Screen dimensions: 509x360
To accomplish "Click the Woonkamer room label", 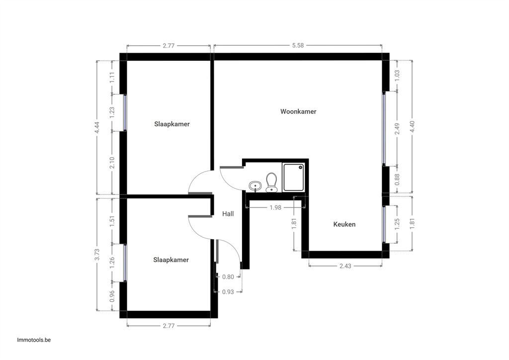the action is point(298,112).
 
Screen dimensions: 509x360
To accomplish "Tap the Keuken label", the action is point(344,224).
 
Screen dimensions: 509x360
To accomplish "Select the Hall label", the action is point(228,214).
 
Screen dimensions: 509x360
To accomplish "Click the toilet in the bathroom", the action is point(271,182).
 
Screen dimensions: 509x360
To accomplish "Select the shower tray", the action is point(293,178).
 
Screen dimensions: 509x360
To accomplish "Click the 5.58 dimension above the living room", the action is point(298,45).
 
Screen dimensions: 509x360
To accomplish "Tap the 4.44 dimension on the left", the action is point(97,127).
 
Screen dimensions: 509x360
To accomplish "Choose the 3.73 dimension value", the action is point(97,255).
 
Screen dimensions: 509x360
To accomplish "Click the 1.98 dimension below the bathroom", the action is point(275,207).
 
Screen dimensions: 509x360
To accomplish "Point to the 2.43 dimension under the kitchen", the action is point(345,266).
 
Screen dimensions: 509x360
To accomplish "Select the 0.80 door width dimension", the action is point(228,277).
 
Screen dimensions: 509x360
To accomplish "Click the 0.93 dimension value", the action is point(228,292).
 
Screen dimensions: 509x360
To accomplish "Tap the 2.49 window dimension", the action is point(397,129).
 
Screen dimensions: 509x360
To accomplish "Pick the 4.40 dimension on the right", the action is point(412,126).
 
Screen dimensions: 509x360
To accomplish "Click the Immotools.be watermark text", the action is point(34,340).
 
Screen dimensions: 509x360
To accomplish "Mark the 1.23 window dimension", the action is point(112,112).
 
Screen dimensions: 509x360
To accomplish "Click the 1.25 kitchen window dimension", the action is point(397,224).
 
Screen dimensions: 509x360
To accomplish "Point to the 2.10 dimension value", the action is point(112,163).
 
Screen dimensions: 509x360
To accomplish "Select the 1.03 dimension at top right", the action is point(397,76).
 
